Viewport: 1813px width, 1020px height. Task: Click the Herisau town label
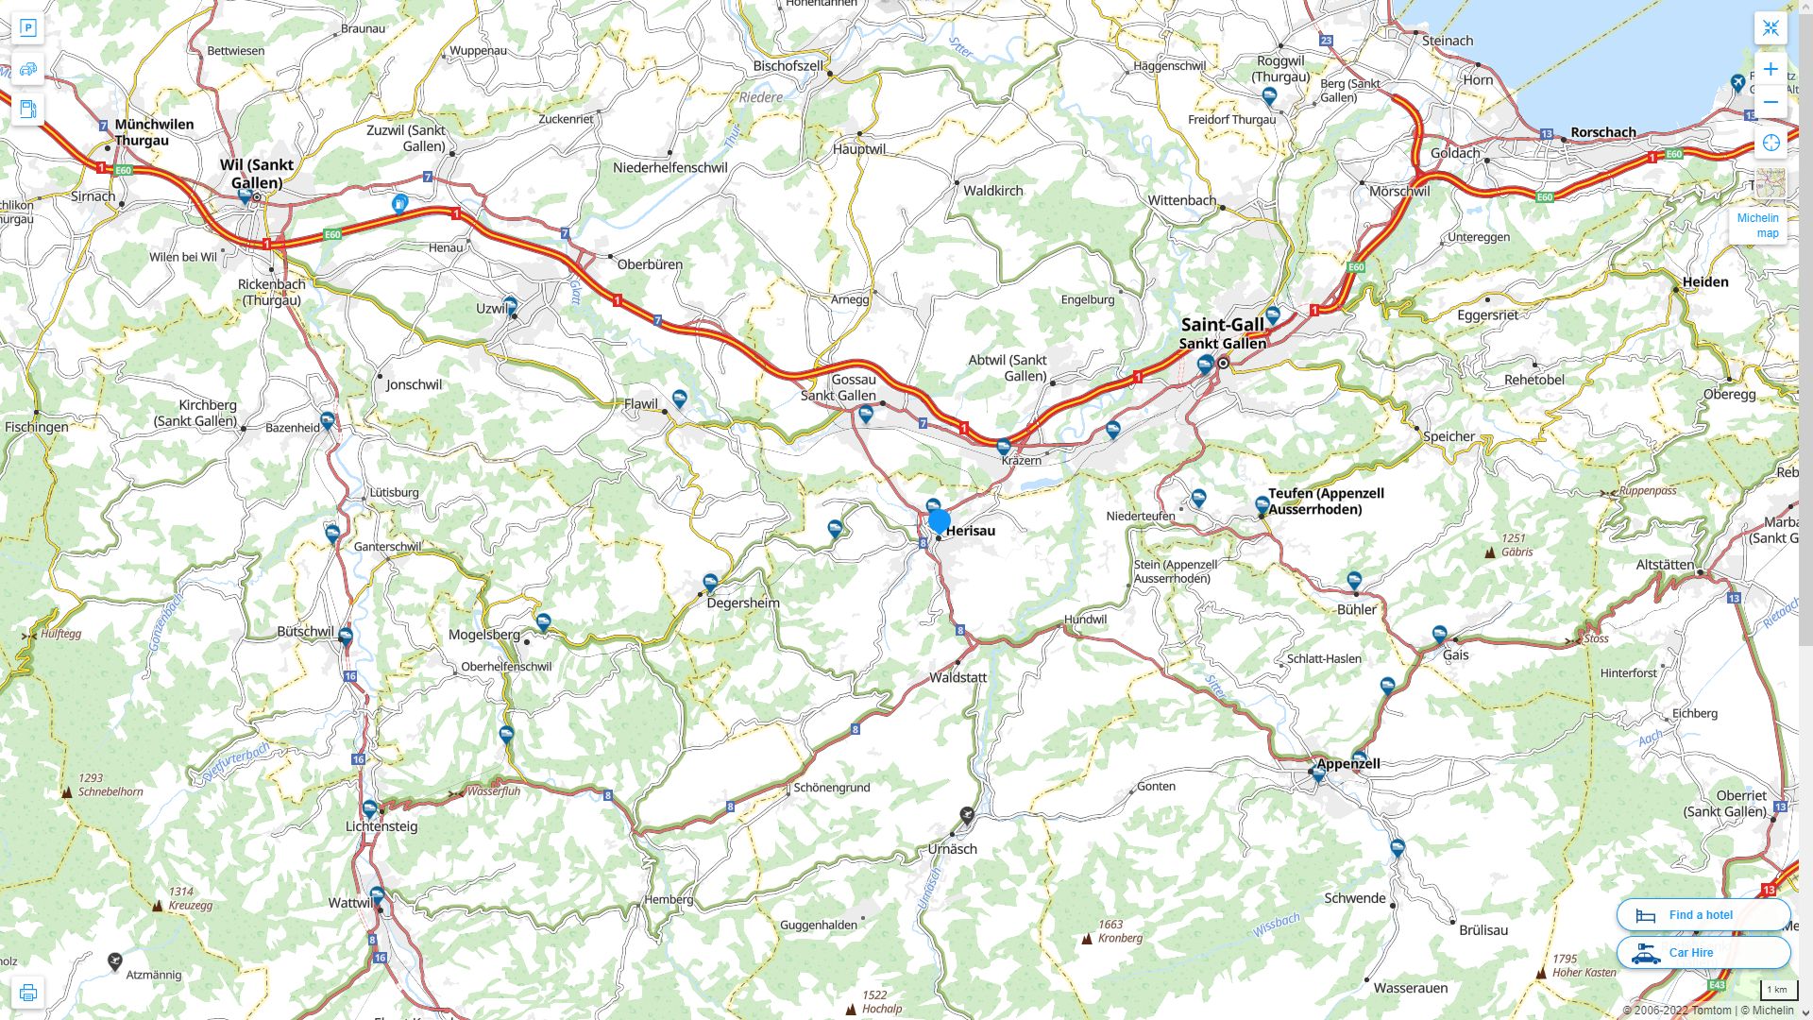point(970,531)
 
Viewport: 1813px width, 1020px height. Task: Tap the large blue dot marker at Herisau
point(939,520)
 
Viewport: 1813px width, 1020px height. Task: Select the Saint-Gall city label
point(1222,325)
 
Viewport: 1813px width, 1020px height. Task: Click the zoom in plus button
point(1771,69)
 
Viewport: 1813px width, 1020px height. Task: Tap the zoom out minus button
point(1771,102)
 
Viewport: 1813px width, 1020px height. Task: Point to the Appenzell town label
point(1347,763)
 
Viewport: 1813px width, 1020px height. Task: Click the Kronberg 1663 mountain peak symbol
point(1087,939)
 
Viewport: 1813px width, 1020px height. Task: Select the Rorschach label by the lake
point(1602,132)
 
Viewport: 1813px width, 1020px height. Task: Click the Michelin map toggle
point(1758,225)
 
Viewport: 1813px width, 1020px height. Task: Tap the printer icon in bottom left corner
point(28,993)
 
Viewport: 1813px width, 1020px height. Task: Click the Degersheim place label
point(743,603)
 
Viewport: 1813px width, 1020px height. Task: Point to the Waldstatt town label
point(957,677)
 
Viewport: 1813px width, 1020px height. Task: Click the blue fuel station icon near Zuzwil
point(400,203)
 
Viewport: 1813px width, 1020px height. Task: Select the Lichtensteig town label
point(381,825)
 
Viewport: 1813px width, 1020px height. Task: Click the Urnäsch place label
point(952,848)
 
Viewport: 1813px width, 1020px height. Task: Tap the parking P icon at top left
point(28,28)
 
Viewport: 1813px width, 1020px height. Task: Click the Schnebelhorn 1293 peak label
point(110,791)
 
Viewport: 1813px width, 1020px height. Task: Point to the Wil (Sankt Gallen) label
point(257,173)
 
